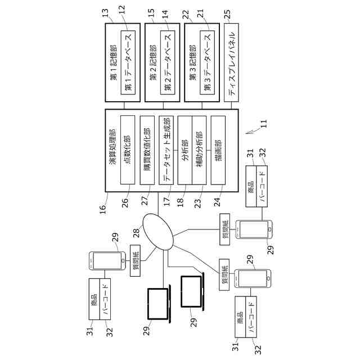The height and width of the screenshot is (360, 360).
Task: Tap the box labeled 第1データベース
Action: pyautogui.click(x=128, y=62)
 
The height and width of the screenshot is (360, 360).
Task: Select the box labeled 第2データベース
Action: pyautogui.click(x=168, y=62)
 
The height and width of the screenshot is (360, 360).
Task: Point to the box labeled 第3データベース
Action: pyautogui.click(x=207, y=62)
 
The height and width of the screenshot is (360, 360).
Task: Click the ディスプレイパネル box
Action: pyautogui.click(x=231, y=62)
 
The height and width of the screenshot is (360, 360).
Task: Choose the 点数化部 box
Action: pyautogui.click(x=128, y=150)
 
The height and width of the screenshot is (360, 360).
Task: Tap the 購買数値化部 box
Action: pyautogui.click(x=147, y=150)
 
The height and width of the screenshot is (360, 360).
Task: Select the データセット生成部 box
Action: pyautogui.click(x=166, y=150)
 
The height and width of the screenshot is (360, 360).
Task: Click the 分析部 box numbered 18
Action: pyautogui.click(x=185, y=150)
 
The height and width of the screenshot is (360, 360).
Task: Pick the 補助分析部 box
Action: pyautogui.click(x=199, y=150)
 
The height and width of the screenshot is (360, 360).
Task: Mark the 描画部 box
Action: pyautogui.click(x=218, y=150)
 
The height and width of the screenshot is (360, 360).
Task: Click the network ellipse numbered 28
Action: pyautogui.click(x=158, y=232)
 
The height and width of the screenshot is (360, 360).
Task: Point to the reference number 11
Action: pyautogui.click(x=264, y=124)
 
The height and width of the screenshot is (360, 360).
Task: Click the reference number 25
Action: pyautogui.click(x=227, y=14)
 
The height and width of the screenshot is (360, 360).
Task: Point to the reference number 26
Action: pyautogui.click(x=125, y=203)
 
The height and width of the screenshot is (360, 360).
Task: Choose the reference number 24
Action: pyautogui.click(x=217, y=202)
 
